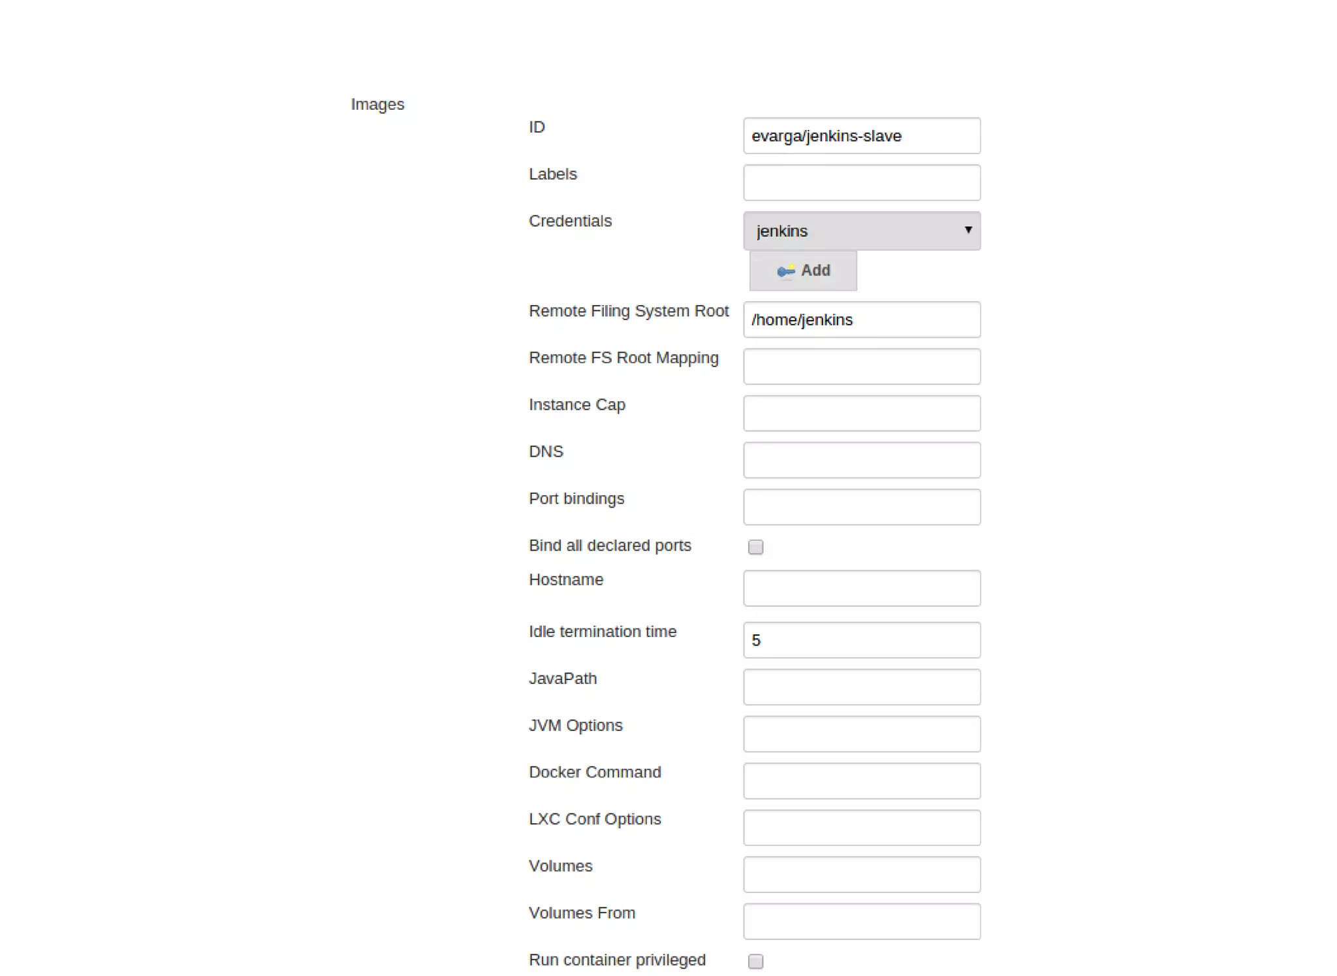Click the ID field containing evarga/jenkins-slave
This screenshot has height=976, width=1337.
pos(861,136)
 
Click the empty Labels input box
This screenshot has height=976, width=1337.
pos(861,183)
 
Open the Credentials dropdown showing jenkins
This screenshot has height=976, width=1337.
pos(861,231)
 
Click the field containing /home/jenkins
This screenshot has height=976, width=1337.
pos(861,319)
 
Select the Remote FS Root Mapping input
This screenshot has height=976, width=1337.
pos(861,366)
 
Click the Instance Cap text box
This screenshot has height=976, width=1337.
pos(861,414)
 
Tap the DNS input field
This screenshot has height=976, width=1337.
pos(861,460)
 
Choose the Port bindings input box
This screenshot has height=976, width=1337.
pos(861,507)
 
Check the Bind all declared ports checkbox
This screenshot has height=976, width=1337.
pos(755,547)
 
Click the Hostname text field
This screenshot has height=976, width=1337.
pos(861,588)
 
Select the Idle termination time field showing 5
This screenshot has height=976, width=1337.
pos(861,640)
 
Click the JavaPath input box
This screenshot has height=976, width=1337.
pos(861,687)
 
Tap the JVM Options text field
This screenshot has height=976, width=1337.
pos(861,734)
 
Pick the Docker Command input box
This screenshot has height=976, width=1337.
pos(861,781)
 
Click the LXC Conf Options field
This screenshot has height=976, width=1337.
pos(861,828)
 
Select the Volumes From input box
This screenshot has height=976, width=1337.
pos(861,922)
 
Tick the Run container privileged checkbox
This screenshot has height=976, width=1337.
pos(755,961)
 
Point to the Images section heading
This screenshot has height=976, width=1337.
pos(377,105)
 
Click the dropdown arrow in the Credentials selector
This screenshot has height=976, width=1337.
pos(968,230)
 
